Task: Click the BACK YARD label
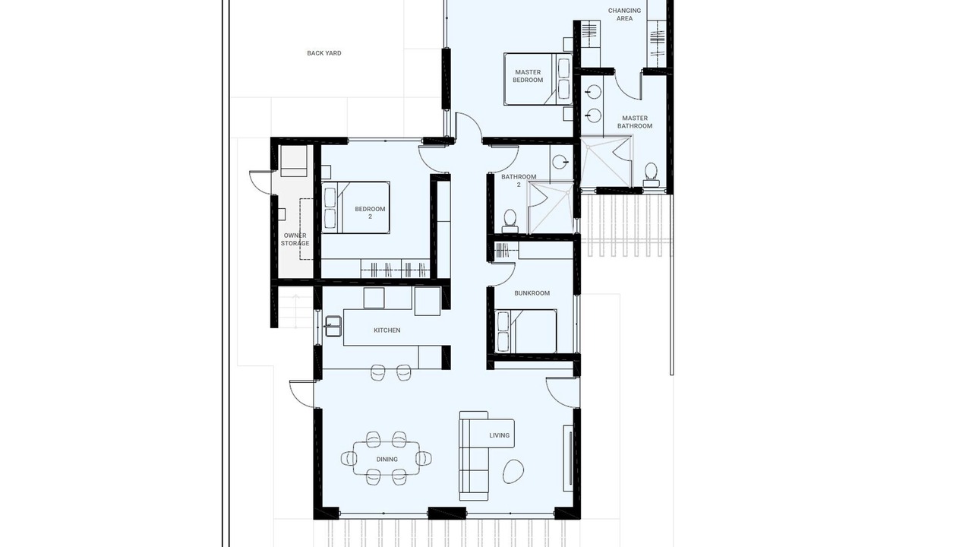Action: click(324, 53)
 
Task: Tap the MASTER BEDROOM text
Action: click(528, 76)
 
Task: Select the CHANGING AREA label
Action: click(624, 14)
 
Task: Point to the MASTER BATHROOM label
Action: click(635, 122)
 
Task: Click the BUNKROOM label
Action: click(532, 293)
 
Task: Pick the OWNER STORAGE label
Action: click(295, 239)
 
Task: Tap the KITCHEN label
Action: click(387, 330)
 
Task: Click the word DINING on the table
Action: click(387, 460)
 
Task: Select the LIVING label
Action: click(500, 435)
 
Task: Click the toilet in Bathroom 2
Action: click(510, 221)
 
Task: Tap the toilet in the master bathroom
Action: click(651, 175)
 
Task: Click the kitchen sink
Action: click(333, 326)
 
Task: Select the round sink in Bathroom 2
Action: click(560, 163)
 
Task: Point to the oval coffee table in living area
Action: click(513, 471)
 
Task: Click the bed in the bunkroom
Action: click(526, 331)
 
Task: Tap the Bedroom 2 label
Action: click(370, 213)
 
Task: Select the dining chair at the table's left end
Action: click(349, 458)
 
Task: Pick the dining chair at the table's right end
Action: click(424, 458)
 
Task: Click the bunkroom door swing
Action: click(503, 273)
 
